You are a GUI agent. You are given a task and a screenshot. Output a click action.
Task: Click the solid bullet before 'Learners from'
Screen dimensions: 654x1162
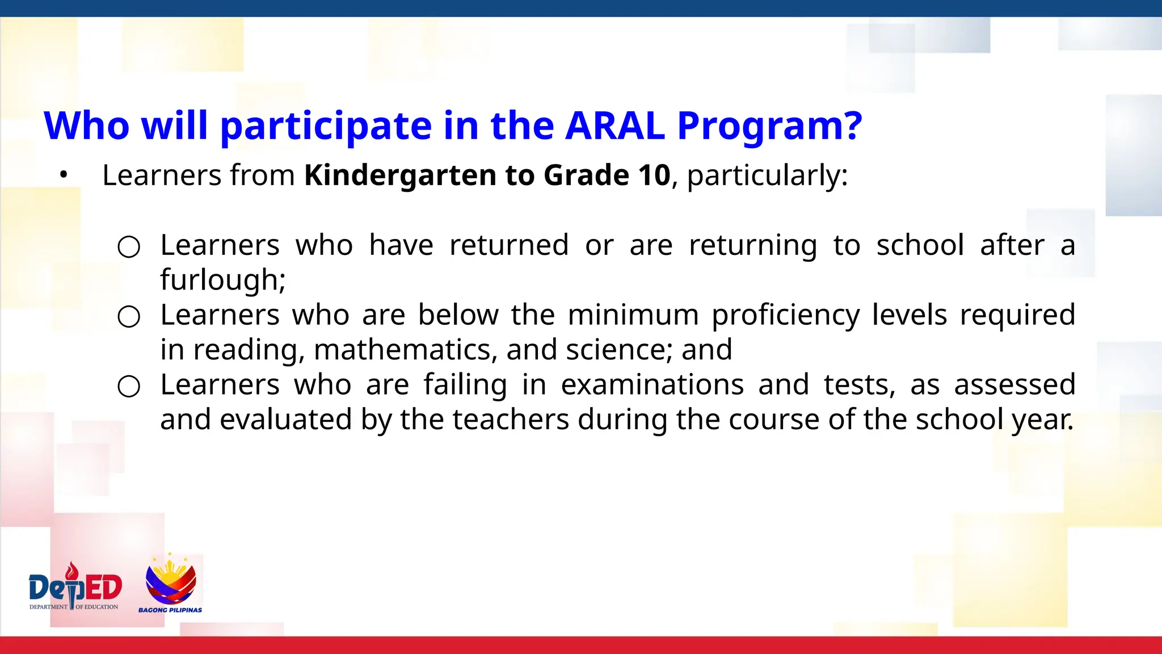[64, 175]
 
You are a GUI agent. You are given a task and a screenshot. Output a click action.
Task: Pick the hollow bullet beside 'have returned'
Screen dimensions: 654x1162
[129, 247]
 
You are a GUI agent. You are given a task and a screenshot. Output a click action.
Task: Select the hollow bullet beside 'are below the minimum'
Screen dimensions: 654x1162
[129, 317]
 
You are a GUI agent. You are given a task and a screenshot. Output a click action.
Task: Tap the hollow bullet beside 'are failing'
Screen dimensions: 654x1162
[129, 387]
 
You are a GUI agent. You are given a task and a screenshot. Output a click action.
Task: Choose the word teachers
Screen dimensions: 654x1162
[511, 420]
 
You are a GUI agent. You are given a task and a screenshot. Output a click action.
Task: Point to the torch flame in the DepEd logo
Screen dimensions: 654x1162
[72, 569]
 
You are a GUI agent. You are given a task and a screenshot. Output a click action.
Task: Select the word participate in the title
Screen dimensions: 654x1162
[326, 127]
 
